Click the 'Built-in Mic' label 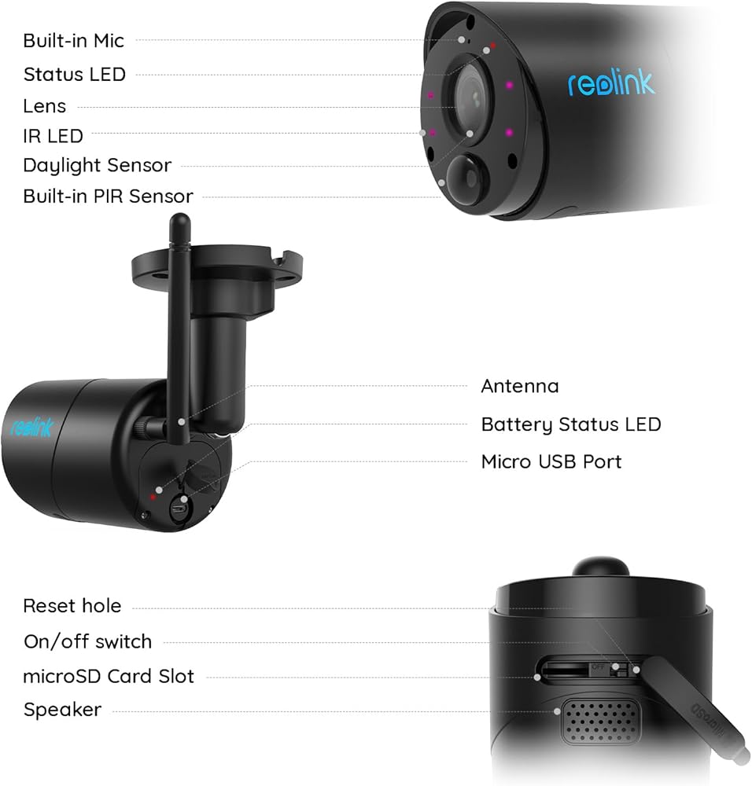(73, 40)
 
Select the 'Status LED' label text (74, 75)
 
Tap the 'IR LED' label (53, 136)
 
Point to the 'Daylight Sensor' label (97, 166)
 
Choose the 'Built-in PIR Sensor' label (108, 196)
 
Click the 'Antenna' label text (519, 386)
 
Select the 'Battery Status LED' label (570, 424)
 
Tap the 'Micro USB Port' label (551, 461)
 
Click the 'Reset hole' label (72, 606)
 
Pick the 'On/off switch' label (87, 641)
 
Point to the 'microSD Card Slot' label (109, 676)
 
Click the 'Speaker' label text (62, 710)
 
